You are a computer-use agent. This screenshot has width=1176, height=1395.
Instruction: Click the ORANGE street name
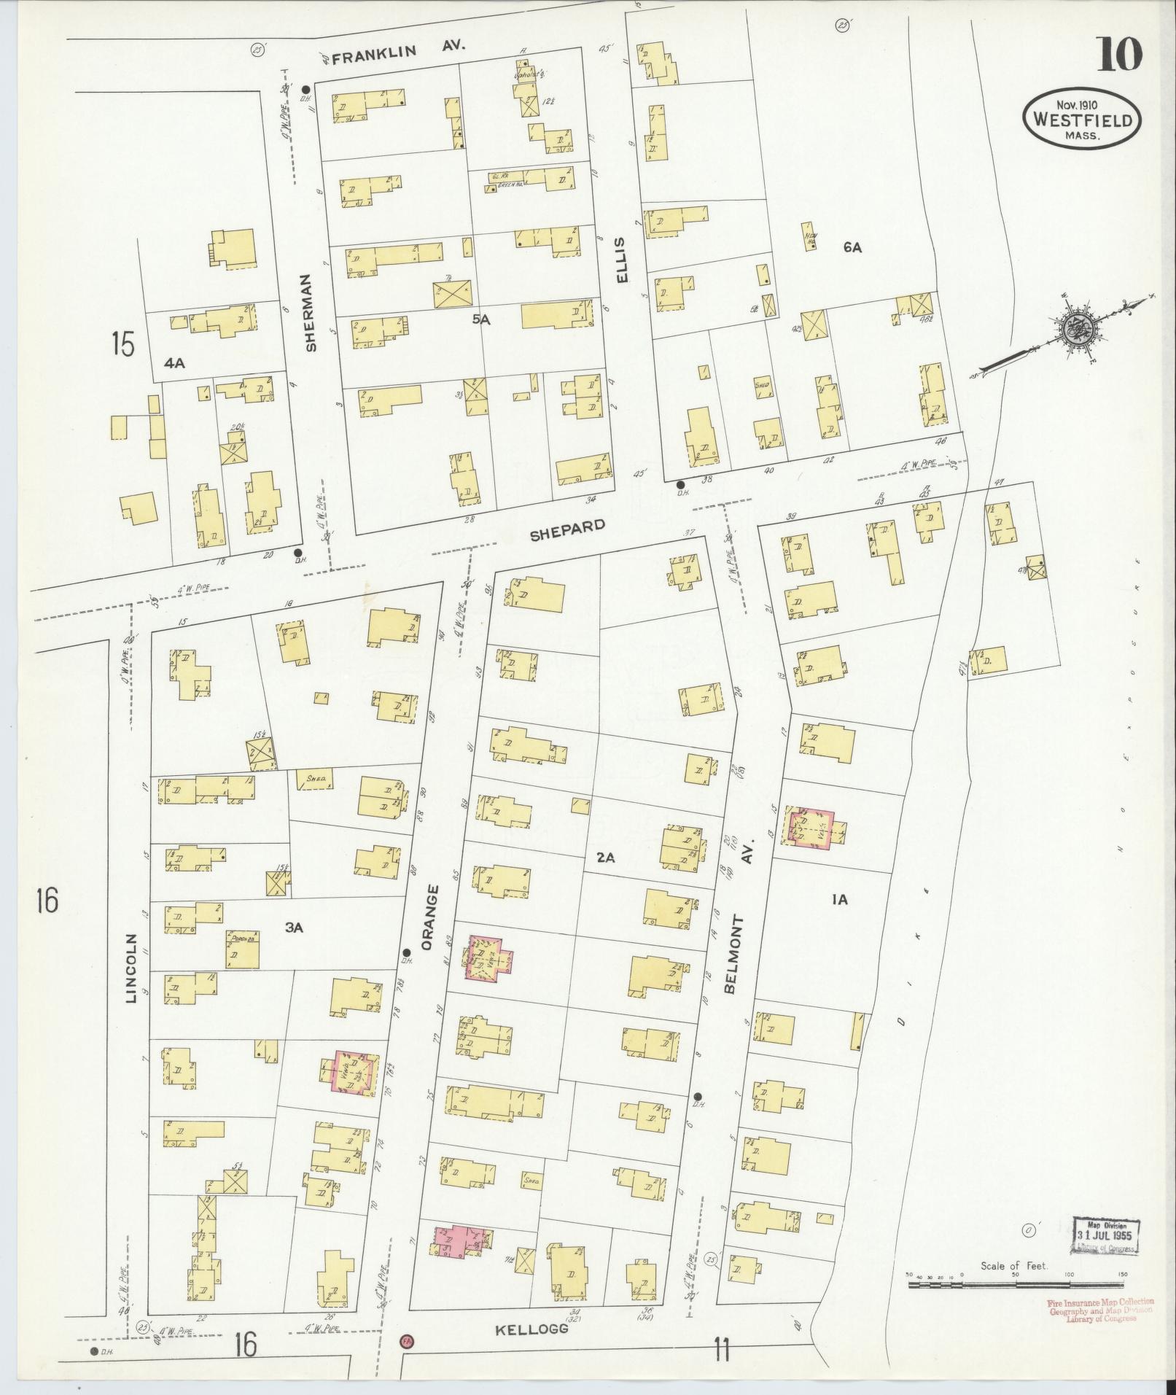click(432, 917)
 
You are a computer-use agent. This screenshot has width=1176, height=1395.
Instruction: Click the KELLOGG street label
click(531, 1329)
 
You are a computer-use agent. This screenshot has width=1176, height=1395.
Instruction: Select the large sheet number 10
click(1118, 54)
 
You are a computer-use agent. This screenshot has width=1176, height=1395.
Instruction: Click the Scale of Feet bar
click(1016, 1284)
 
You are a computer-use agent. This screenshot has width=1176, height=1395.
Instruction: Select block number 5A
click(480, 319)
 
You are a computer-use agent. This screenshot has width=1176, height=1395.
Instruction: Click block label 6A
click(852, 248)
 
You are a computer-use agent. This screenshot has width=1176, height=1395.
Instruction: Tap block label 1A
click(839, 900)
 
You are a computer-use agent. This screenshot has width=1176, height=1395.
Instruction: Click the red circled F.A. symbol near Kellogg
click(406, 1341)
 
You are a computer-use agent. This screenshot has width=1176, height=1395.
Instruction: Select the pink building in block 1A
click(811, 827)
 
